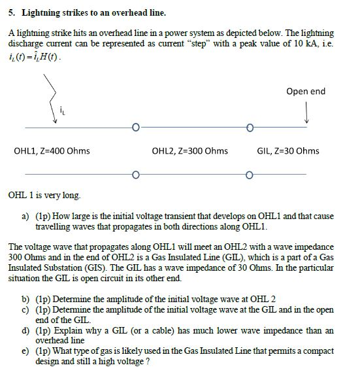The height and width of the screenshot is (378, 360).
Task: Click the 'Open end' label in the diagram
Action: click(305, 91)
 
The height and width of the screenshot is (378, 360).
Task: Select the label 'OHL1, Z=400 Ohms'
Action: click(52, 151)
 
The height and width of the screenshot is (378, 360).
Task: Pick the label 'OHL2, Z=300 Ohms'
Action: click(189, 151)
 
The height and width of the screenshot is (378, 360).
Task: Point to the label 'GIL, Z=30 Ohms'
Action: click(288, 151)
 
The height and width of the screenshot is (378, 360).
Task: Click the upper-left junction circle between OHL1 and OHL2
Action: click(135, 127)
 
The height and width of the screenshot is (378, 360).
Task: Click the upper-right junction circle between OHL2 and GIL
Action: click(250, 127)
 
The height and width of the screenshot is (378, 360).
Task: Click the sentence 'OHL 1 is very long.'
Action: click(44, 195)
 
